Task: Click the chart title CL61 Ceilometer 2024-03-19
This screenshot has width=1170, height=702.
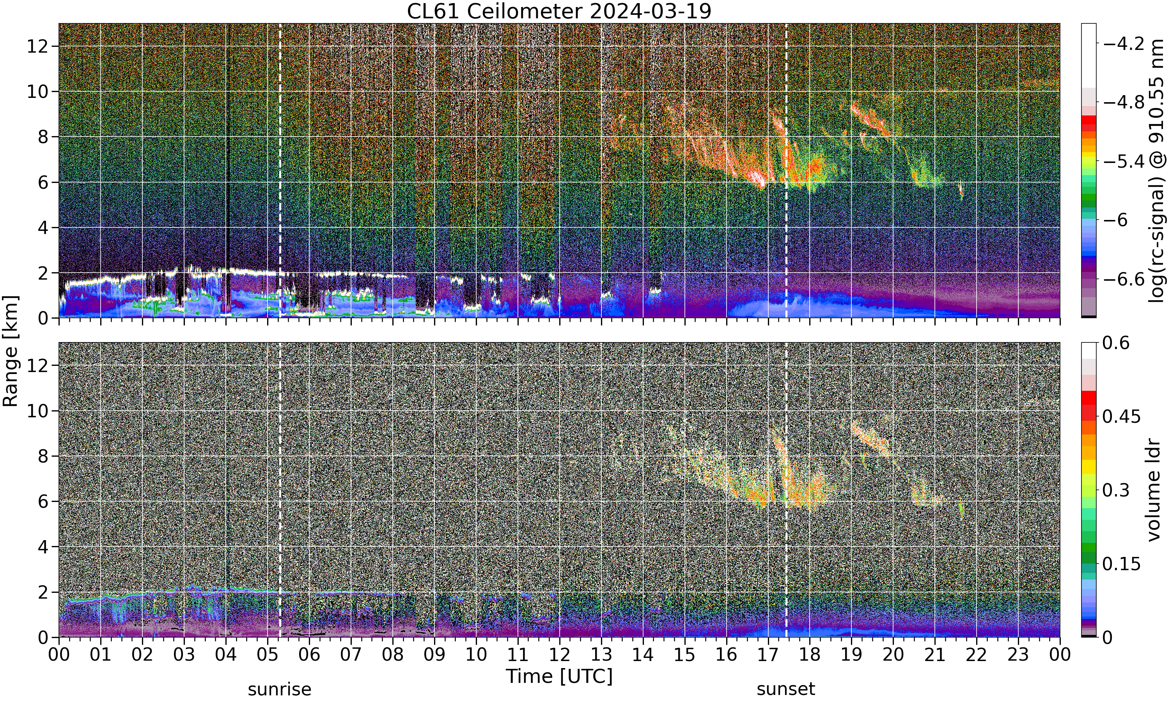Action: [x=559, y=11]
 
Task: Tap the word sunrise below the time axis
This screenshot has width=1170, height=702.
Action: [x=280, y=689]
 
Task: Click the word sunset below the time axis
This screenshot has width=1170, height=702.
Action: [x=786, y=689]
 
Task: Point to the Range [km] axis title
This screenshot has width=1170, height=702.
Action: [x=11, y=351]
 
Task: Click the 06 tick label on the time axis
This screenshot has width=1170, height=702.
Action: [x=309, y=655]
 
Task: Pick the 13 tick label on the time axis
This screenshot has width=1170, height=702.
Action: [x=601, y=655]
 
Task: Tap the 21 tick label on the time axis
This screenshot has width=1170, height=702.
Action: [x=934, y=655]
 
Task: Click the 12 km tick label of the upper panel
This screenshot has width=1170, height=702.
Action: [x=36, y=46]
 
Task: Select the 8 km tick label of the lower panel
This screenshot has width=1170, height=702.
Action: [x=43, y=456]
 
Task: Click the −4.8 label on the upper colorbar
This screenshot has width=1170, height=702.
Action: [x=1124, y=102]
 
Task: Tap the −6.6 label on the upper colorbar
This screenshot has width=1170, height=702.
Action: [x=1124, y=279]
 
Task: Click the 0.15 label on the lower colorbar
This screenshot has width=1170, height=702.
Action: [x=1122, y=564]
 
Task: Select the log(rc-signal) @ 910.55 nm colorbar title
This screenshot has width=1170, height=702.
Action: [x=1157, y=171]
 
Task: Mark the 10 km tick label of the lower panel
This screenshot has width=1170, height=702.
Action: [x=36, y=411]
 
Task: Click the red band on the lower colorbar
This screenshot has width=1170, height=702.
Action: [x=1088, y=397]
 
